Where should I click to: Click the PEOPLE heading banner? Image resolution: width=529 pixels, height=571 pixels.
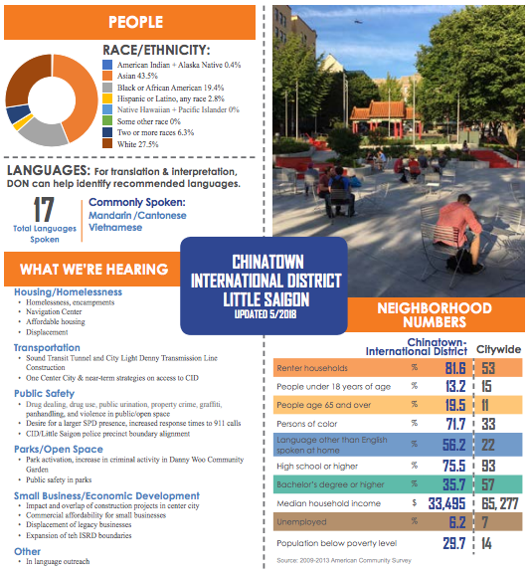(135, 22)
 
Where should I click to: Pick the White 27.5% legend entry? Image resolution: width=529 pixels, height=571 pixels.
(140, 143)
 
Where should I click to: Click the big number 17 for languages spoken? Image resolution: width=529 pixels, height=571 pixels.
(43, 211)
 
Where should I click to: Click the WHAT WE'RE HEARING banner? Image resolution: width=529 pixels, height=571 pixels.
(94, 270)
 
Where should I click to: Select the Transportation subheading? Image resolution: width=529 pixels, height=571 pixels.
(48, 348)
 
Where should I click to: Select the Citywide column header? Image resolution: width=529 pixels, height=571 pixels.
(500, 349)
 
